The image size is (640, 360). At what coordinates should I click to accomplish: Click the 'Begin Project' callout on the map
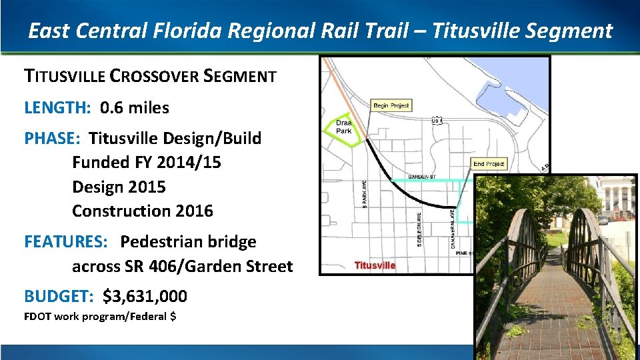[391, 105]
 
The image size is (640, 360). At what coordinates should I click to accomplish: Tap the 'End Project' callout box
[489, 164]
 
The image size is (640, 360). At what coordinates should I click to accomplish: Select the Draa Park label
[343, 127]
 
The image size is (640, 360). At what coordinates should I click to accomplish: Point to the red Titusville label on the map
[375, 265]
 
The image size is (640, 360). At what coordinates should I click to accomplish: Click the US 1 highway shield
[437, 121]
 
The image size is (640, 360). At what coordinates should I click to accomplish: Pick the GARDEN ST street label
[421, 177]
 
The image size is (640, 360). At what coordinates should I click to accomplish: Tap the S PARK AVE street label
[364, 193]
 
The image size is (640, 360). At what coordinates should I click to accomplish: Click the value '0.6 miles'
[135, 107]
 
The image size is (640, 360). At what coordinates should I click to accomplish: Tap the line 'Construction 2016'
[143, 211]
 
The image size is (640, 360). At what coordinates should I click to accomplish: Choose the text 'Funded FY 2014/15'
[147, 163]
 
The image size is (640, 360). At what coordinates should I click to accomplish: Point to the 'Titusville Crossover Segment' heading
[150, 76]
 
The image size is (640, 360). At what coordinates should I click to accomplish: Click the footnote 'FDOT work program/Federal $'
[100, 316]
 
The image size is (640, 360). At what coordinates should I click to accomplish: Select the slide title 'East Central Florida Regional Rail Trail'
[227, 31]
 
